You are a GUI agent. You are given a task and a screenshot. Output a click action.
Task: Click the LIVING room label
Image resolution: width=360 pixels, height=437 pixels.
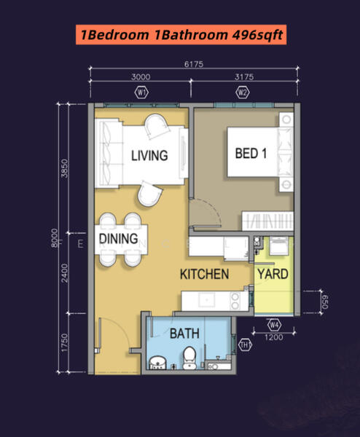[149, 156]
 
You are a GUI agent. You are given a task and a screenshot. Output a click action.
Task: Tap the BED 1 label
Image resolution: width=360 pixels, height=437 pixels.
[251, 153]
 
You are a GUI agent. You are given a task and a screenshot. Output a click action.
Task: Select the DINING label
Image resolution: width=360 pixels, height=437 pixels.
[119, 239]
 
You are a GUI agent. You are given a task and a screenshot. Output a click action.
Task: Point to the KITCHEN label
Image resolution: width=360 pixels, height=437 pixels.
[204, 275]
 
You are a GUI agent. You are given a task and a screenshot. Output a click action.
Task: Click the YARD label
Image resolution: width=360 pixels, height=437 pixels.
[273, 274]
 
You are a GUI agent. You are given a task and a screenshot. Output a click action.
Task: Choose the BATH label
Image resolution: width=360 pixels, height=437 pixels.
[184, 334]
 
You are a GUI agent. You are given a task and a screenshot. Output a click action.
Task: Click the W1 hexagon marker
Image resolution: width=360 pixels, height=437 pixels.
[141, 92]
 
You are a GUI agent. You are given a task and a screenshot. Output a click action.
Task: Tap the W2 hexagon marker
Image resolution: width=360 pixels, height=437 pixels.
[243, 92]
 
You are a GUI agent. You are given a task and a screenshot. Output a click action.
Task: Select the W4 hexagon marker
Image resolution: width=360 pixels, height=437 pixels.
[275, 325]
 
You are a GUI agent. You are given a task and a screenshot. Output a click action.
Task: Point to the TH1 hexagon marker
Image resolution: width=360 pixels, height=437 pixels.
[245, 345]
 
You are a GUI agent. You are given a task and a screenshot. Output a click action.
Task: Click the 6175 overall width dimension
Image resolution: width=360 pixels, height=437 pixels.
[194, 64]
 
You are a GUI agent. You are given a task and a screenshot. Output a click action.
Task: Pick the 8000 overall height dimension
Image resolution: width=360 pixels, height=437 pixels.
[55, 238]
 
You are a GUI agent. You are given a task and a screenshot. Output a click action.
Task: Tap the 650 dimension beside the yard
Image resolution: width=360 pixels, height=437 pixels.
[325, 302]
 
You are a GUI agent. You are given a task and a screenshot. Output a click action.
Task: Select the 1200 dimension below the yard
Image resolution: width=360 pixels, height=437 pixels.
[274, 337]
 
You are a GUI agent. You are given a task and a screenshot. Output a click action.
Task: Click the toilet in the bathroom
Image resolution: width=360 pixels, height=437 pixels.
[190, 358]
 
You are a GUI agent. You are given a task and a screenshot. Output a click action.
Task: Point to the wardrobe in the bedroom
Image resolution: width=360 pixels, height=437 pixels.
[267, 221]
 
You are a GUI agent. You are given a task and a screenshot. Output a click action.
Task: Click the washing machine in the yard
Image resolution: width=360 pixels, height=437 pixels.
[279, 246]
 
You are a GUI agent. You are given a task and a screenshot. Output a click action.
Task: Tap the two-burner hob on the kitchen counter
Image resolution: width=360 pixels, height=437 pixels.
[235, 301]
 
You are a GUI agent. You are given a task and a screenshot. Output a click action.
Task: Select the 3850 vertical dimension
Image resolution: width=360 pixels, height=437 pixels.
[64, 168]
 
